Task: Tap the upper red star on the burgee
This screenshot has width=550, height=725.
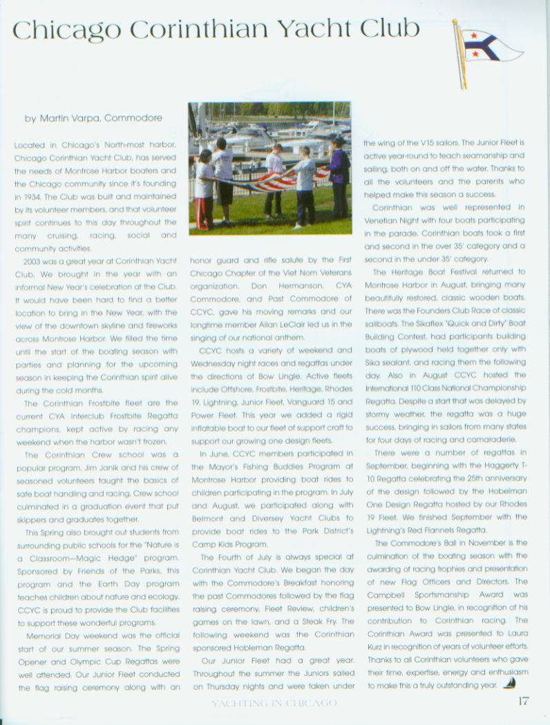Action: click(x=473, y=34)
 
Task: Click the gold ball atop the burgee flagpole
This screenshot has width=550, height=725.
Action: click(x=455, y=21)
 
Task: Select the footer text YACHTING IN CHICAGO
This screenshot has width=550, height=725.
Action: click(x=275, y=704)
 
